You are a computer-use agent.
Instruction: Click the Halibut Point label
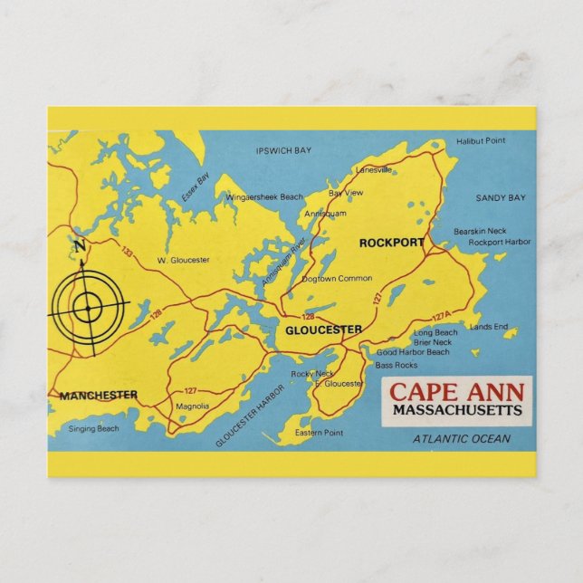point(481,141)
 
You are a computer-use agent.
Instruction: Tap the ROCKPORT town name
point(391,243)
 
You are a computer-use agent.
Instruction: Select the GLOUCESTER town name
point(323,330)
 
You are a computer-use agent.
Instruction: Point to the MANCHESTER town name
point(99,395)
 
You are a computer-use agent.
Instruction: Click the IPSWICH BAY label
point(284,151)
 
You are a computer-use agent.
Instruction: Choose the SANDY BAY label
point(500,197)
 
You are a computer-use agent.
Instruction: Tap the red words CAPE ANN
point(456,393)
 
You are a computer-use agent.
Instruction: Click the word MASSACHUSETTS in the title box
point(457,410)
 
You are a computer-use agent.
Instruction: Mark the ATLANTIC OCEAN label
point(462,439)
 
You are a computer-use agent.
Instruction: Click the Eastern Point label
point(319,433)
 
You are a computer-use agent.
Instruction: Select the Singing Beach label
point(94,428)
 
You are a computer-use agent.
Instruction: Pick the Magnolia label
point(192,406)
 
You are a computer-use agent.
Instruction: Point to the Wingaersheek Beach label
point(264,196)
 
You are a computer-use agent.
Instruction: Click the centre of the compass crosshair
point(88,308)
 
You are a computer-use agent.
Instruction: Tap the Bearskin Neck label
point(480,232)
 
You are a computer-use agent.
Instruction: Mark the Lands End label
point(489,327)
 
